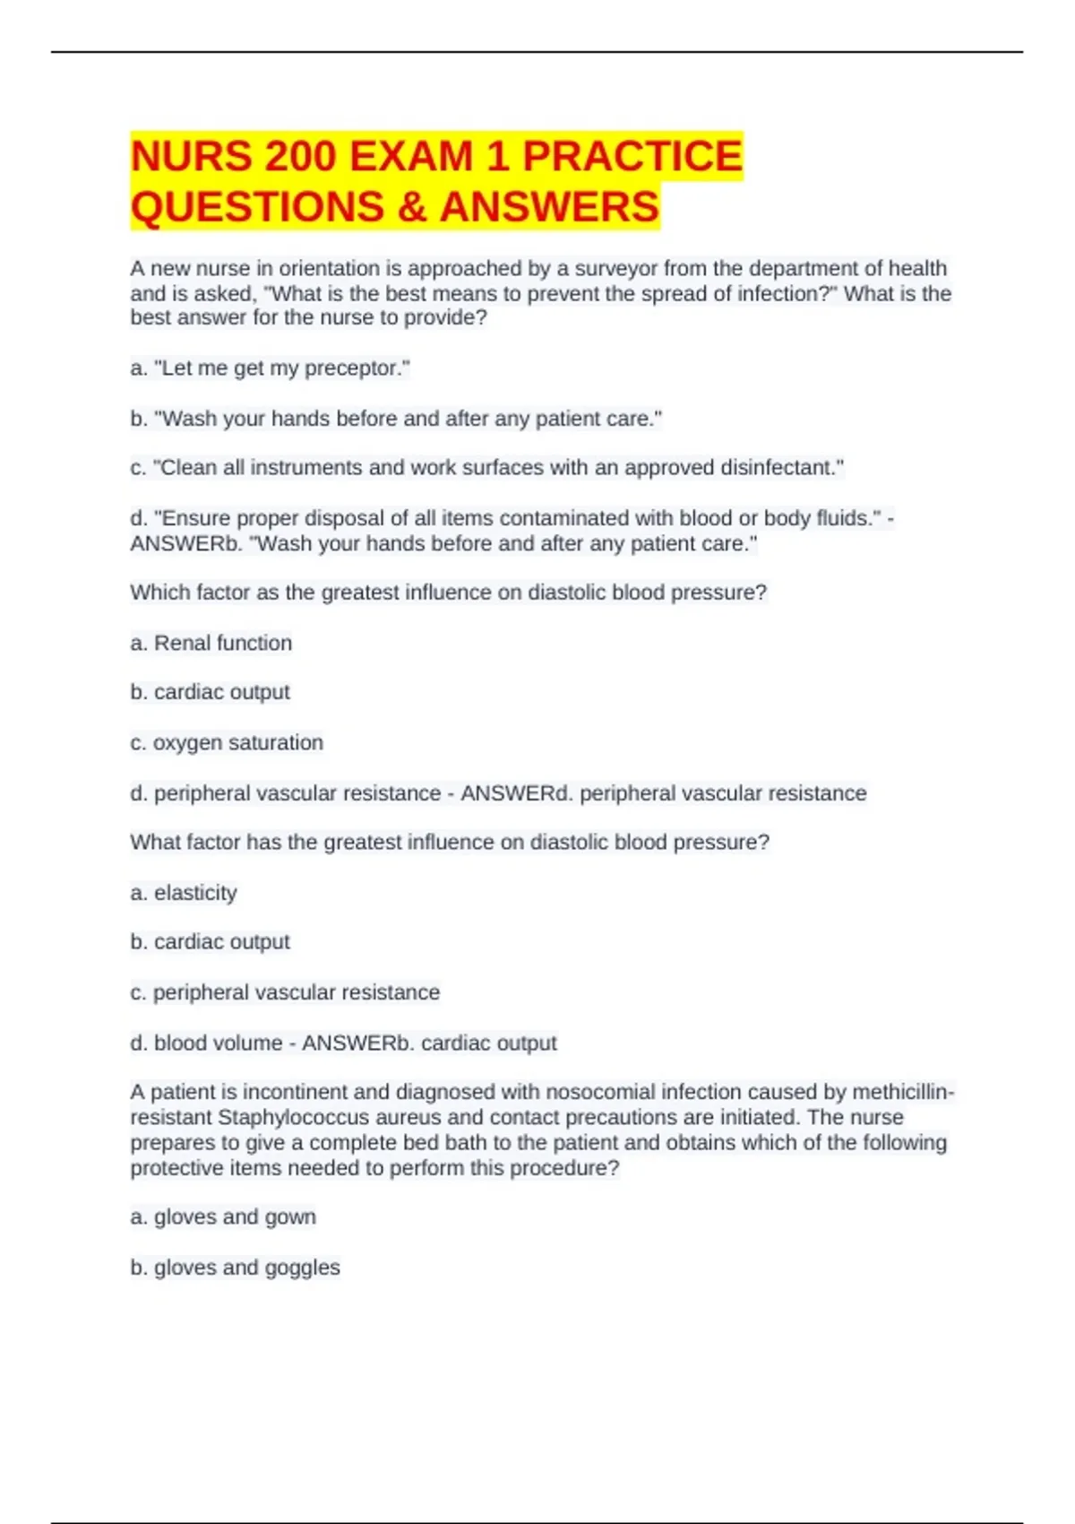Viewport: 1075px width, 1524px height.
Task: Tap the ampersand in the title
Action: click(411, 207)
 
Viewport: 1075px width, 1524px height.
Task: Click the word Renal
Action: click(183, 643)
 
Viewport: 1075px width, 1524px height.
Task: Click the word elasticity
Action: click(195, 893)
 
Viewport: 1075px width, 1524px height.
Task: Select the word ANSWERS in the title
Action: click(549, 207)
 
